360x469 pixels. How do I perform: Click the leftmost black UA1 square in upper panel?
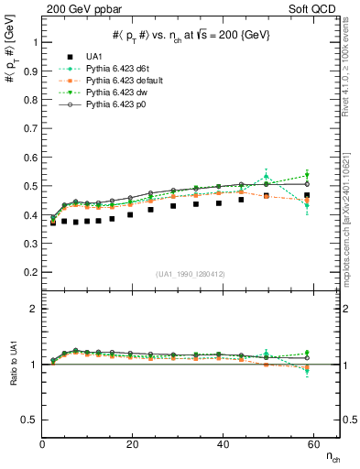(53, 222)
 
